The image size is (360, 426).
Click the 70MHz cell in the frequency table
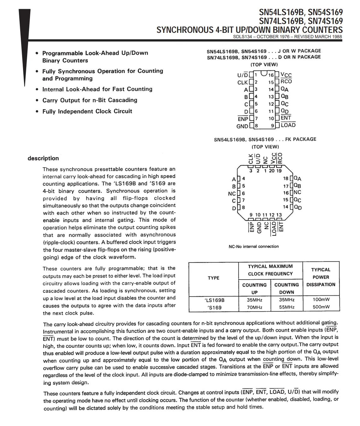[254, 307]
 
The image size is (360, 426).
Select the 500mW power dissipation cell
[321, 307]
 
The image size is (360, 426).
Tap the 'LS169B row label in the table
[215, 300]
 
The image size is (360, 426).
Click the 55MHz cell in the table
[286, 307]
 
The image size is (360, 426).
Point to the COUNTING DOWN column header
[286, 288]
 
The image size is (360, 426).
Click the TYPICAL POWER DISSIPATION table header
[321, 277]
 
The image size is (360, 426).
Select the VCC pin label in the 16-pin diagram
[286, 75]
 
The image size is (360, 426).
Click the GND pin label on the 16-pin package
[242, 126]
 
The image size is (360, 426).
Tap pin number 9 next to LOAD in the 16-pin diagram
[272, 126]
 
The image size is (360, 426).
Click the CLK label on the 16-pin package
[242, 83]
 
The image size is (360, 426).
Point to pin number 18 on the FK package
[286, 179]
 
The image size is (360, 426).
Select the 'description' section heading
[43, 158]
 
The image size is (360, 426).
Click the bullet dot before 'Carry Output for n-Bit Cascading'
[37, 101]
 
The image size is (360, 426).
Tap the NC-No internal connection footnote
[253, 246]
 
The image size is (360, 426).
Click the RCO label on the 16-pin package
[286, 81]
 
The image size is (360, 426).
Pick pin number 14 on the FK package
[286, 207]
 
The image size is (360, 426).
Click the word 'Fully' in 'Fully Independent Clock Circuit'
[50, 111]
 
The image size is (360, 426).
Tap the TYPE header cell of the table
[214, 278]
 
